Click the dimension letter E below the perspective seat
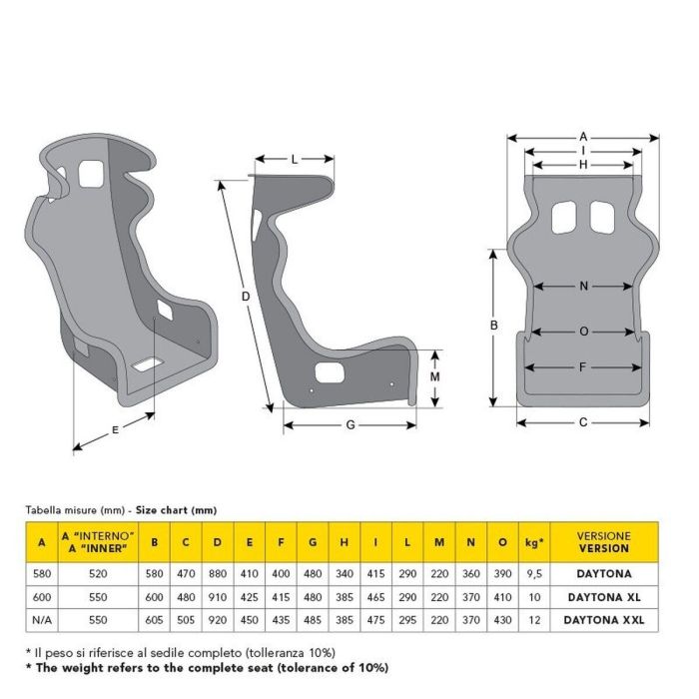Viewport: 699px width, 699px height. click(x=116, y=429)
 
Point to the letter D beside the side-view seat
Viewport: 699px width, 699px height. click(x=245, y=297)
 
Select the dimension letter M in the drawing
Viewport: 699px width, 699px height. click(x=435, y=377)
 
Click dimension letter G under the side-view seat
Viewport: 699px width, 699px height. click(x=349, y=425)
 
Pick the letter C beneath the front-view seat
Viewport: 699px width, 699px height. click(x=583, y=422)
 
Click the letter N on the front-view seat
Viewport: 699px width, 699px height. click(x=584, y=287)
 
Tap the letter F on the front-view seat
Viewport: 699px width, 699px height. click(x=583, y=367)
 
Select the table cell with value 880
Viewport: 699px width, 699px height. click(x=217, y=574)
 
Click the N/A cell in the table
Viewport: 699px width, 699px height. click(x=41, y=620)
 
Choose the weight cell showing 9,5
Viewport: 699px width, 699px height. click(x=534, y=574)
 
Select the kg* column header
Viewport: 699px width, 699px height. click(x=534, y=542)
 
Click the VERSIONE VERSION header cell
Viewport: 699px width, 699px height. click(x=603, y=542)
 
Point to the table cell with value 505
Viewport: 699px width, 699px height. click(x=186, y=620)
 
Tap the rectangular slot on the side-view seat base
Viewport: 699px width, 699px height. click(x=328, y=374)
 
